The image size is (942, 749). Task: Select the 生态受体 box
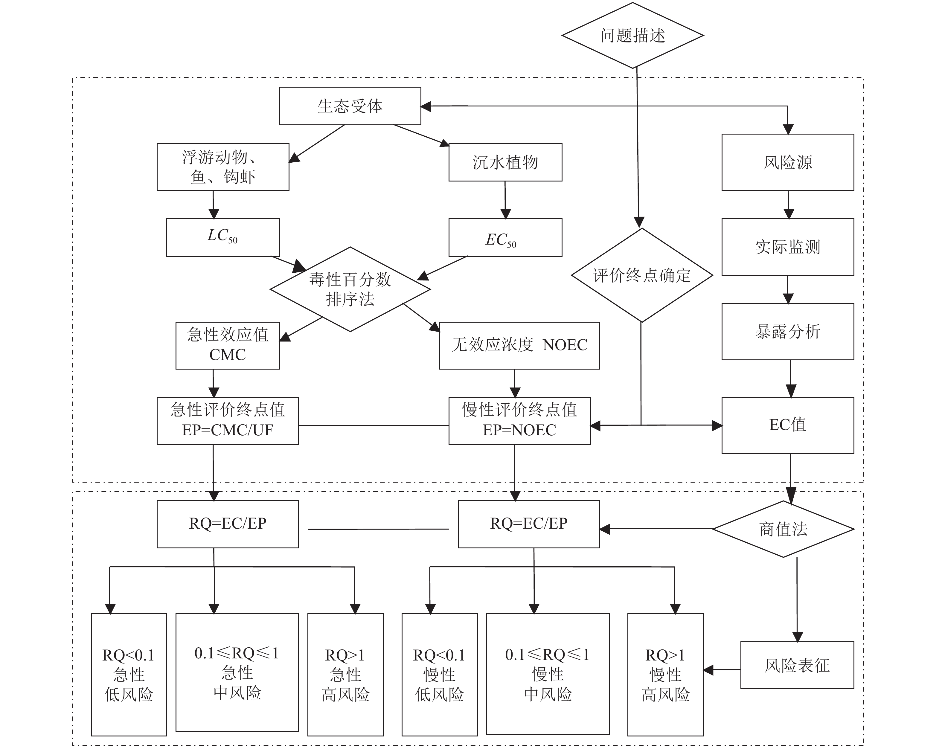(350, 106)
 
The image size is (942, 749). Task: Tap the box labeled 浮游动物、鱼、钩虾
(223, 167)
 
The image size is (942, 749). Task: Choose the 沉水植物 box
(505, 162)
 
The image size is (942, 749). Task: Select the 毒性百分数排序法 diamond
(350, 289)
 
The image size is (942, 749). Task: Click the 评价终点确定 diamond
(641, 275)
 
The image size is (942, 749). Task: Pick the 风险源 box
(787, 162)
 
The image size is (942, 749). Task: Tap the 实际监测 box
(787, 247)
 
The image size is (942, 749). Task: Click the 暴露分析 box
(787, 332)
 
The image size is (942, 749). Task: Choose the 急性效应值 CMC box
(228, 345)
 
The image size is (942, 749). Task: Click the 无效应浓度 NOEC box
(519, 345)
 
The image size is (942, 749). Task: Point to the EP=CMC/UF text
(228, 430)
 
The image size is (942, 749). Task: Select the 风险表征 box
(797, 665)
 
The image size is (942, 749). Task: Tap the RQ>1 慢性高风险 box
(665, 675)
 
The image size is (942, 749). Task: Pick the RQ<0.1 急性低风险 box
(129, 675)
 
